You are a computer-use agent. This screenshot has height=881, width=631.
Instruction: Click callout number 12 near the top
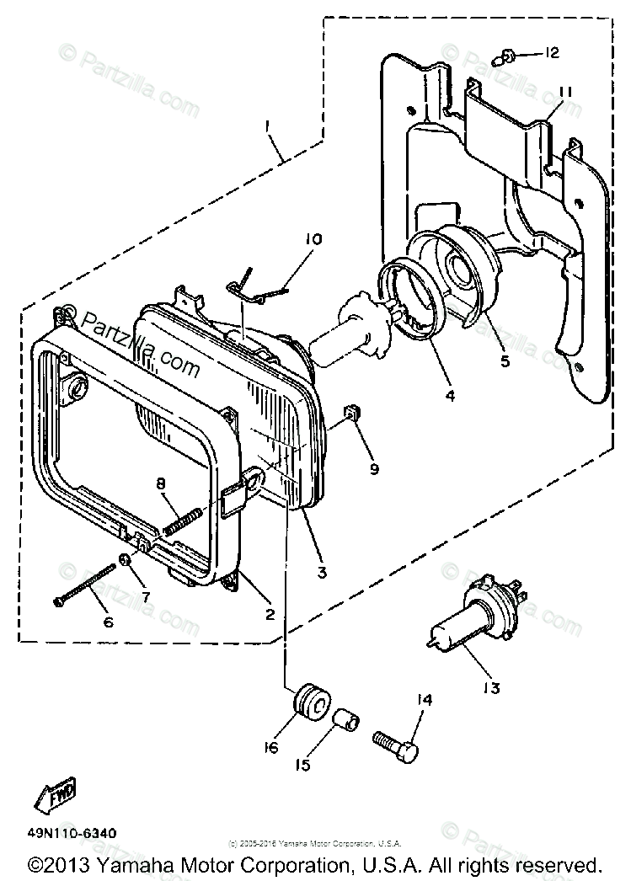point(551,53)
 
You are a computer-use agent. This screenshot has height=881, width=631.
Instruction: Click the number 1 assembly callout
point(267,126)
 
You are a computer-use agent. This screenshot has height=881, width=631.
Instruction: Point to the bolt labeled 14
point(395,742)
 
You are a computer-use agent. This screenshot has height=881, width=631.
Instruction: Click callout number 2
point(270,614)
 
